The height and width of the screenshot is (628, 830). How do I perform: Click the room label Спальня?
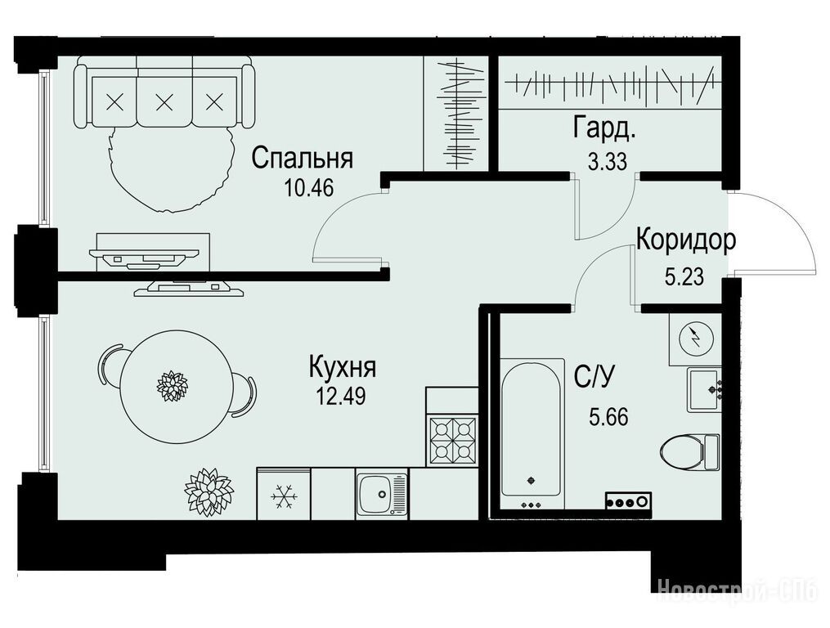pyautogui.click(x=303, y=159)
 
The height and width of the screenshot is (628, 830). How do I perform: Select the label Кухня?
pyautogui.click(x=343, y=367)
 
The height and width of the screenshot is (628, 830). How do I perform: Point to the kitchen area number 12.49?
pyautogui.click(x=340, y=396)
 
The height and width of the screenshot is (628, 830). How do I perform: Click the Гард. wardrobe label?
pyautogui.click(x=603, y=130)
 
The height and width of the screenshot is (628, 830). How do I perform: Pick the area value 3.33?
pyautogui.click(x=607, y=162)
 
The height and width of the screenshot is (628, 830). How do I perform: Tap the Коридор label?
pyautogui.click(x=686, y=240)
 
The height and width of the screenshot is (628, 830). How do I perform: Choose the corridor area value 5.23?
pyautogui.click(x=684, y=276)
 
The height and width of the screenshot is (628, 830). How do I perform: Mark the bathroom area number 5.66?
pyautogui.click(x=608, y=417)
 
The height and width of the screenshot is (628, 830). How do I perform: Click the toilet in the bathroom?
pyautogui.click(x=690, y=452)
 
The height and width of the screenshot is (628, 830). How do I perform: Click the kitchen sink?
pyautogui.click(x=382, y=494)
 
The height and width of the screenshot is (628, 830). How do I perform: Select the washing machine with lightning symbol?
pyautogui.click(x=696, y=339)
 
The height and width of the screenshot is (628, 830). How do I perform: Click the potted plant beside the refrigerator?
pyautogui.click(x=209, y=491)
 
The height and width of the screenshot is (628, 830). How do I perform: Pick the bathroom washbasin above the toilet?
pyautogui.click(x=705, y=390)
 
